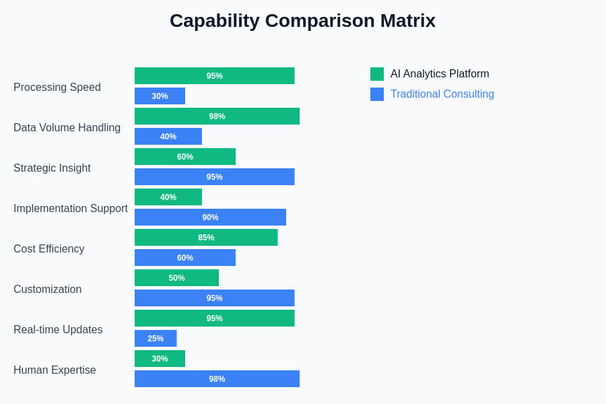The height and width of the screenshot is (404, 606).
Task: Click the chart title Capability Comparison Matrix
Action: [302, 21]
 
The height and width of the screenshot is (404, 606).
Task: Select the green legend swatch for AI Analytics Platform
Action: [377, 74]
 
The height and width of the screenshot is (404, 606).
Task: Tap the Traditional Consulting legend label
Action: [442, 94]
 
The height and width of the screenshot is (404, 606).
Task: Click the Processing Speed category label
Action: [57, 88]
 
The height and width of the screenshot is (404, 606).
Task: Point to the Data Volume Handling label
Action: [67, 128]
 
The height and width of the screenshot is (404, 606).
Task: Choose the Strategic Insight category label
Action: [52, 168]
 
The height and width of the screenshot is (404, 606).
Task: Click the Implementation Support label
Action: [71, 209]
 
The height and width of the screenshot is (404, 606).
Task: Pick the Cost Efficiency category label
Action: [49, 249]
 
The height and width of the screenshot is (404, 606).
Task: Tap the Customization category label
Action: [47, 290]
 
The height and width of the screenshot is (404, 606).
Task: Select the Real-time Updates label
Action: [58, 330]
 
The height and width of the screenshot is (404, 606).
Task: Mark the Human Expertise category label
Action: [55, 370]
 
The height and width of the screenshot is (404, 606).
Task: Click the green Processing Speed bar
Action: [214, 76]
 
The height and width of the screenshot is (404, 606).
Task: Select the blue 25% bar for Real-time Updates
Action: [156, 339]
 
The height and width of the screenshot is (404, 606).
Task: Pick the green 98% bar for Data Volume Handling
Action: [217, 116]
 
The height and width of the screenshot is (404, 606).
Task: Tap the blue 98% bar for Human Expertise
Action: [217, 379]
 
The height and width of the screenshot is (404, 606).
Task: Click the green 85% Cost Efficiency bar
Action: [206, 238]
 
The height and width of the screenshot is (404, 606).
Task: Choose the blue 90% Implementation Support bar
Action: [210, 217]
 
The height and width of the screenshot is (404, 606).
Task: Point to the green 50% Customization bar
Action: [176, 278]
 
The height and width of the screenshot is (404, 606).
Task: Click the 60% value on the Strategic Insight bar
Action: [185, 157]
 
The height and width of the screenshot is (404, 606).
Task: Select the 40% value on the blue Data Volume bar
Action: [168, 137]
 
